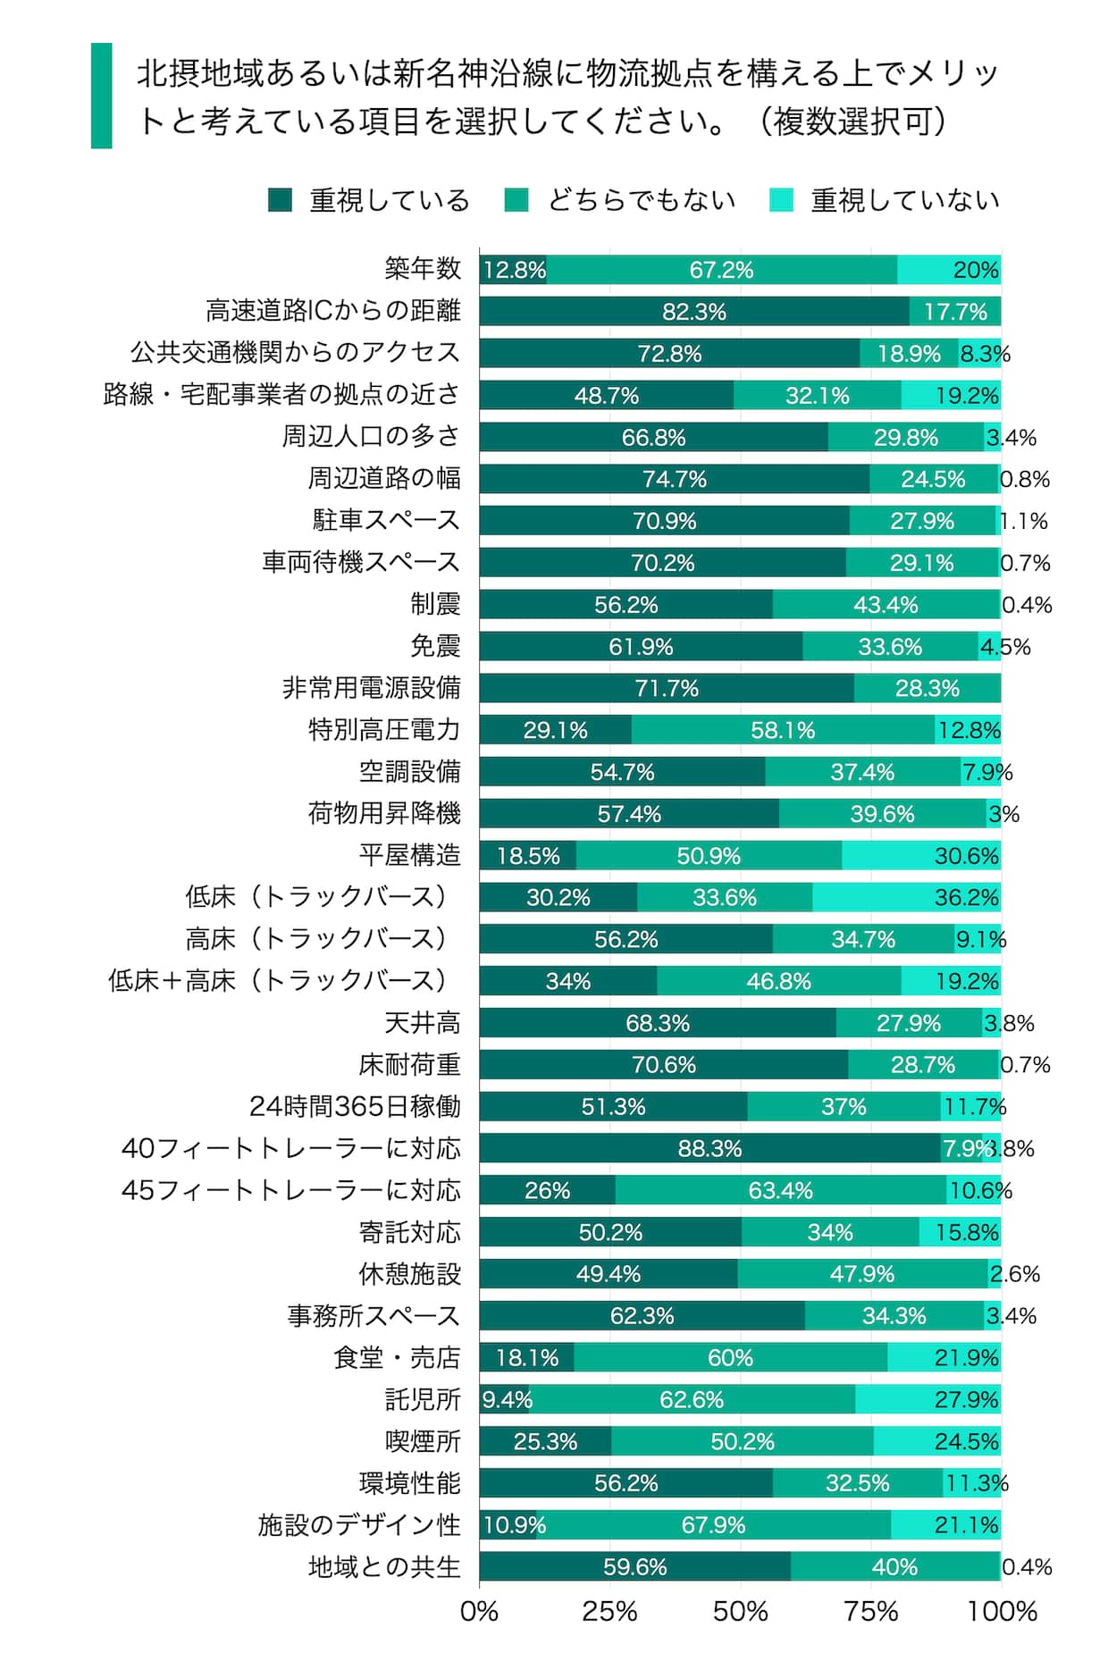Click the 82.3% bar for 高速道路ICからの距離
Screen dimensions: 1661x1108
point(693,312)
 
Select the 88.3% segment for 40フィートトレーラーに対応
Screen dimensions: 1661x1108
point(709,1148)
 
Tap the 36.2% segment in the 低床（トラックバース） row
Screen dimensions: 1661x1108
point(906,897)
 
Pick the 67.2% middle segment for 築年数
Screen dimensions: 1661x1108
point(721,270)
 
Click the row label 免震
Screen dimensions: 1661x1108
point(435,646)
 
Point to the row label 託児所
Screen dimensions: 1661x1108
point(423,1399)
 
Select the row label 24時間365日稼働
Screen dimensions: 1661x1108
point(355,1106)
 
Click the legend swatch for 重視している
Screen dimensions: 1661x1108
point(280,200)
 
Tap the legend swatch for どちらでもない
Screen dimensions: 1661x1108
point(516,200)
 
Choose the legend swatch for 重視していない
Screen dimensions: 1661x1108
point(781,200)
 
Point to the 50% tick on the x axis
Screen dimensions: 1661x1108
point(740,1612)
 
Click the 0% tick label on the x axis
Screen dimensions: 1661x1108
point(479,1612)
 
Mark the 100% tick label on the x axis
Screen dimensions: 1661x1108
point(1001,1612)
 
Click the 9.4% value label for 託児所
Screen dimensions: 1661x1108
point(507,1399)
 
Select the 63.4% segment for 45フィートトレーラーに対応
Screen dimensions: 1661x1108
point(780,1190)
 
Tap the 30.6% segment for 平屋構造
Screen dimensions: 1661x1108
point(920,855)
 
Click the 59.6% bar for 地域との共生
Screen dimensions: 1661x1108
point(634,1566)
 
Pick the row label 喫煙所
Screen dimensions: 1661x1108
point(423,1441)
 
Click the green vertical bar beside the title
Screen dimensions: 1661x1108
point(102,96)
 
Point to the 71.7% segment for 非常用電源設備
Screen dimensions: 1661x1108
point(666,688)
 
